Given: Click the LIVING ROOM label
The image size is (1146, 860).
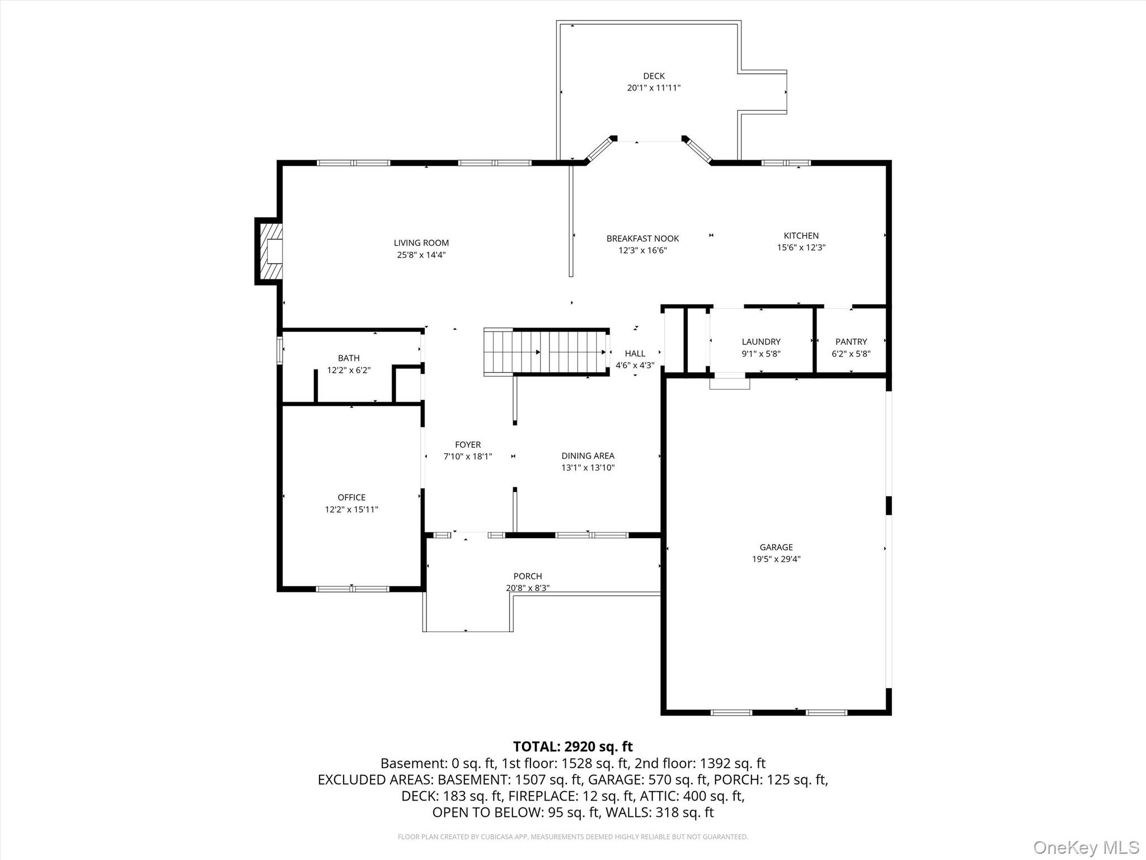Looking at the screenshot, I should click(421, 242).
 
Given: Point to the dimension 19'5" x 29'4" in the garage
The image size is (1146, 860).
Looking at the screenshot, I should click(776, 559).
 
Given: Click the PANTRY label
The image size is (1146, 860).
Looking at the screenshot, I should click(851, 342).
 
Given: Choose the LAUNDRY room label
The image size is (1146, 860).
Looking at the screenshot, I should click(760, 342).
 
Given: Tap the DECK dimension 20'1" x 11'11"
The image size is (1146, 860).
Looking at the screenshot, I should click(653, 88).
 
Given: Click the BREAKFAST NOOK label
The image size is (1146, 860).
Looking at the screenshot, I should click(642, 239).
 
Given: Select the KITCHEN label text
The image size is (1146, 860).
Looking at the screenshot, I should click(801, 236).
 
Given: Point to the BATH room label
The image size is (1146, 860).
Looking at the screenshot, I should click(349, 358).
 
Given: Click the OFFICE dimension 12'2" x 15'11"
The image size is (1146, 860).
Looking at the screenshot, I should click(351, 510).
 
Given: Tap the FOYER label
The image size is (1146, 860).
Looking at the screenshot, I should click(467, 445).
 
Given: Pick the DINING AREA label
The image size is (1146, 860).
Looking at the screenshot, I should click(588, 456).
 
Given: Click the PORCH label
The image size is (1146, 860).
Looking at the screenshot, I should click(527, 576).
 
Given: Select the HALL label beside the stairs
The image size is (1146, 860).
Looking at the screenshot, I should click(635, 353).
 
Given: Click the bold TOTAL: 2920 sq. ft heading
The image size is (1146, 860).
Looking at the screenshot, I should click(572, 746).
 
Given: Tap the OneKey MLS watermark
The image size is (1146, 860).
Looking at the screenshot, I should click(1086, 847).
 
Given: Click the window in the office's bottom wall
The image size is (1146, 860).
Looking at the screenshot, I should click(352, 589).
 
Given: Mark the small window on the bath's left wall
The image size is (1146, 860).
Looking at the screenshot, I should click(279, 350).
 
